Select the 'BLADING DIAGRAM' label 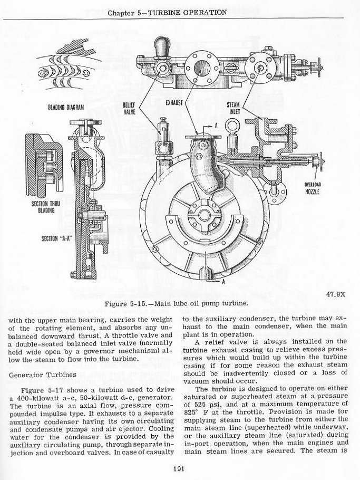62,107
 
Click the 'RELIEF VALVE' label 130,108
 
